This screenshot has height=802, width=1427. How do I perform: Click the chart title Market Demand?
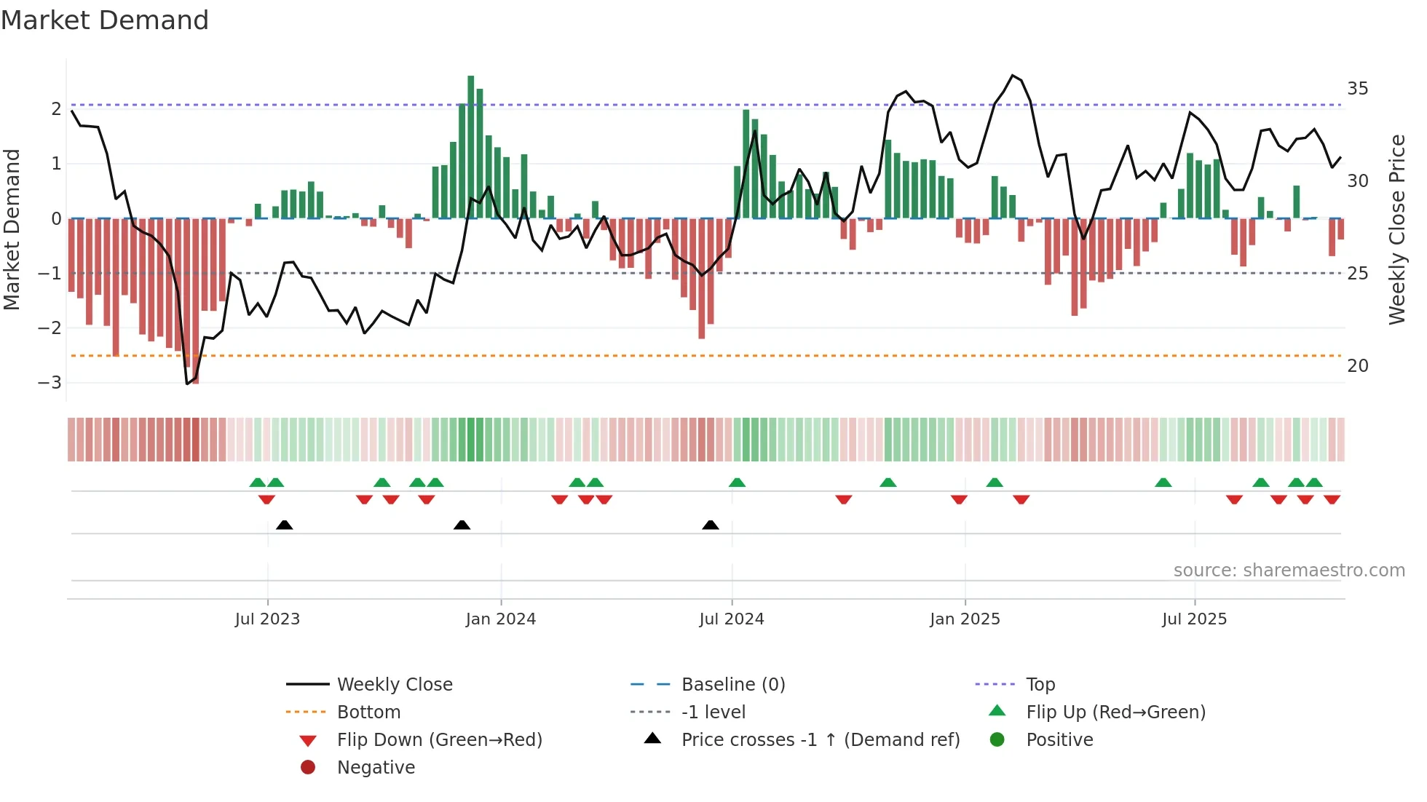[x=105, y=20]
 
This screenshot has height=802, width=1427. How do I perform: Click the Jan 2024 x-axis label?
[x=500, y=619]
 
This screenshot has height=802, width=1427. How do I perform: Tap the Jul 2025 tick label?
[x=1194, y=619]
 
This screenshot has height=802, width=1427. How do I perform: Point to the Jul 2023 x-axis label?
[x=267, y=619]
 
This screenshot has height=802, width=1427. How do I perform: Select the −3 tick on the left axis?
[x=50, y=383]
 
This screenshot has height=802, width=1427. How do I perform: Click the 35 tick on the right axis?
[x=1357, y=89]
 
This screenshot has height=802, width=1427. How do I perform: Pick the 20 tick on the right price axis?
[x=1357, y=366]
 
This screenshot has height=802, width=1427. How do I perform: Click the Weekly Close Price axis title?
[x=1396, y=229]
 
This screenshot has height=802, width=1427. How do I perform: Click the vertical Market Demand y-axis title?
[x=12, y=229]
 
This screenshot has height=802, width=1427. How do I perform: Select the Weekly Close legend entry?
[x=394, y=685]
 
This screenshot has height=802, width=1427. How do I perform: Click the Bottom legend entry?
[x=368, y=712]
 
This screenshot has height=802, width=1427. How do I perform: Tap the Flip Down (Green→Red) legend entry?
[x=439, y=740]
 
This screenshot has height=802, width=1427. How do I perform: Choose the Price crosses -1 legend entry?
[x=820, y=740]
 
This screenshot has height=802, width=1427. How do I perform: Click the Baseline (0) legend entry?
[x=732, y=685]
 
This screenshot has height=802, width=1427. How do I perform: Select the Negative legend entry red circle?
[x=308, y=768]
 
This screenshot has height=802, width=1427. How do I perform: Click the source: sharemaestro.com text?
[x=1289, y=571]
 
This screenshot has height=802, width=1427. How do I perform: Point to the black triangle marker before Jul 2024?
[x=711, y=525]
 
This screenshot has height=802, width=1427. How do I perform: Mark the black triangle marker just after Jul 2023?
[x=285, y=525]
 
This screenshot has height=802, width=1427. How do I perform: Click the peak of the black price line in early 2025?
[x=1013, y=76]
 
